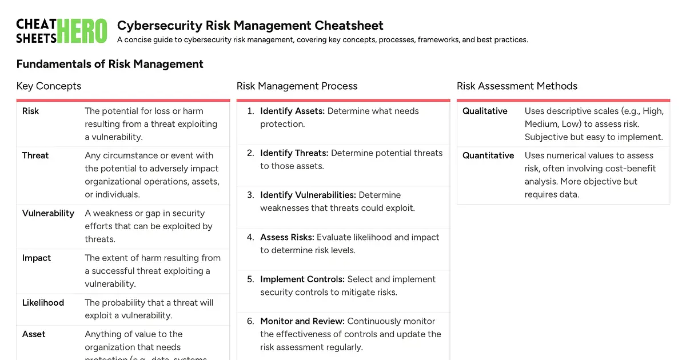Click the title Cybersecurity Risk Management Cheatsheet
[250, 26]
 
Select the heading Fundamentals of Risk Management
[110, 64]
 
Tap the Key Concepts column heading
[49, 86]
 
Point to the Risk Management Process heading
[297, 86]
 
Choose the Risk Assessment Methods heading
[517, 86]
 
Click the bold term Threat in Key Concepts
[35, 155]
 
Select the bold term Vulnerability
[48, 213]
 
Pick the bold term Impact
[37, 258]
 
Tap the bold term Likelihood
[43, 302]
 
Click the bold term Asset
[34, 334]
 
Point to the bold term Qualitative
[485, 111]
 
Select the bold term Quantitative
[488, 155]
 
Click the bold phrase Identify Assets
[292, 111]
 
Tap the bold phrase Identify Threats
[294, 153]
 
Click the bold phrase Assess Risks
[287, 237]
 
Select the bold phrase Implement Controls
[302, 279]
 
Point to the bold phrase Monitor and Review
[302, 321]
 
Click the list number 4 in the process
[250, 237]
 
